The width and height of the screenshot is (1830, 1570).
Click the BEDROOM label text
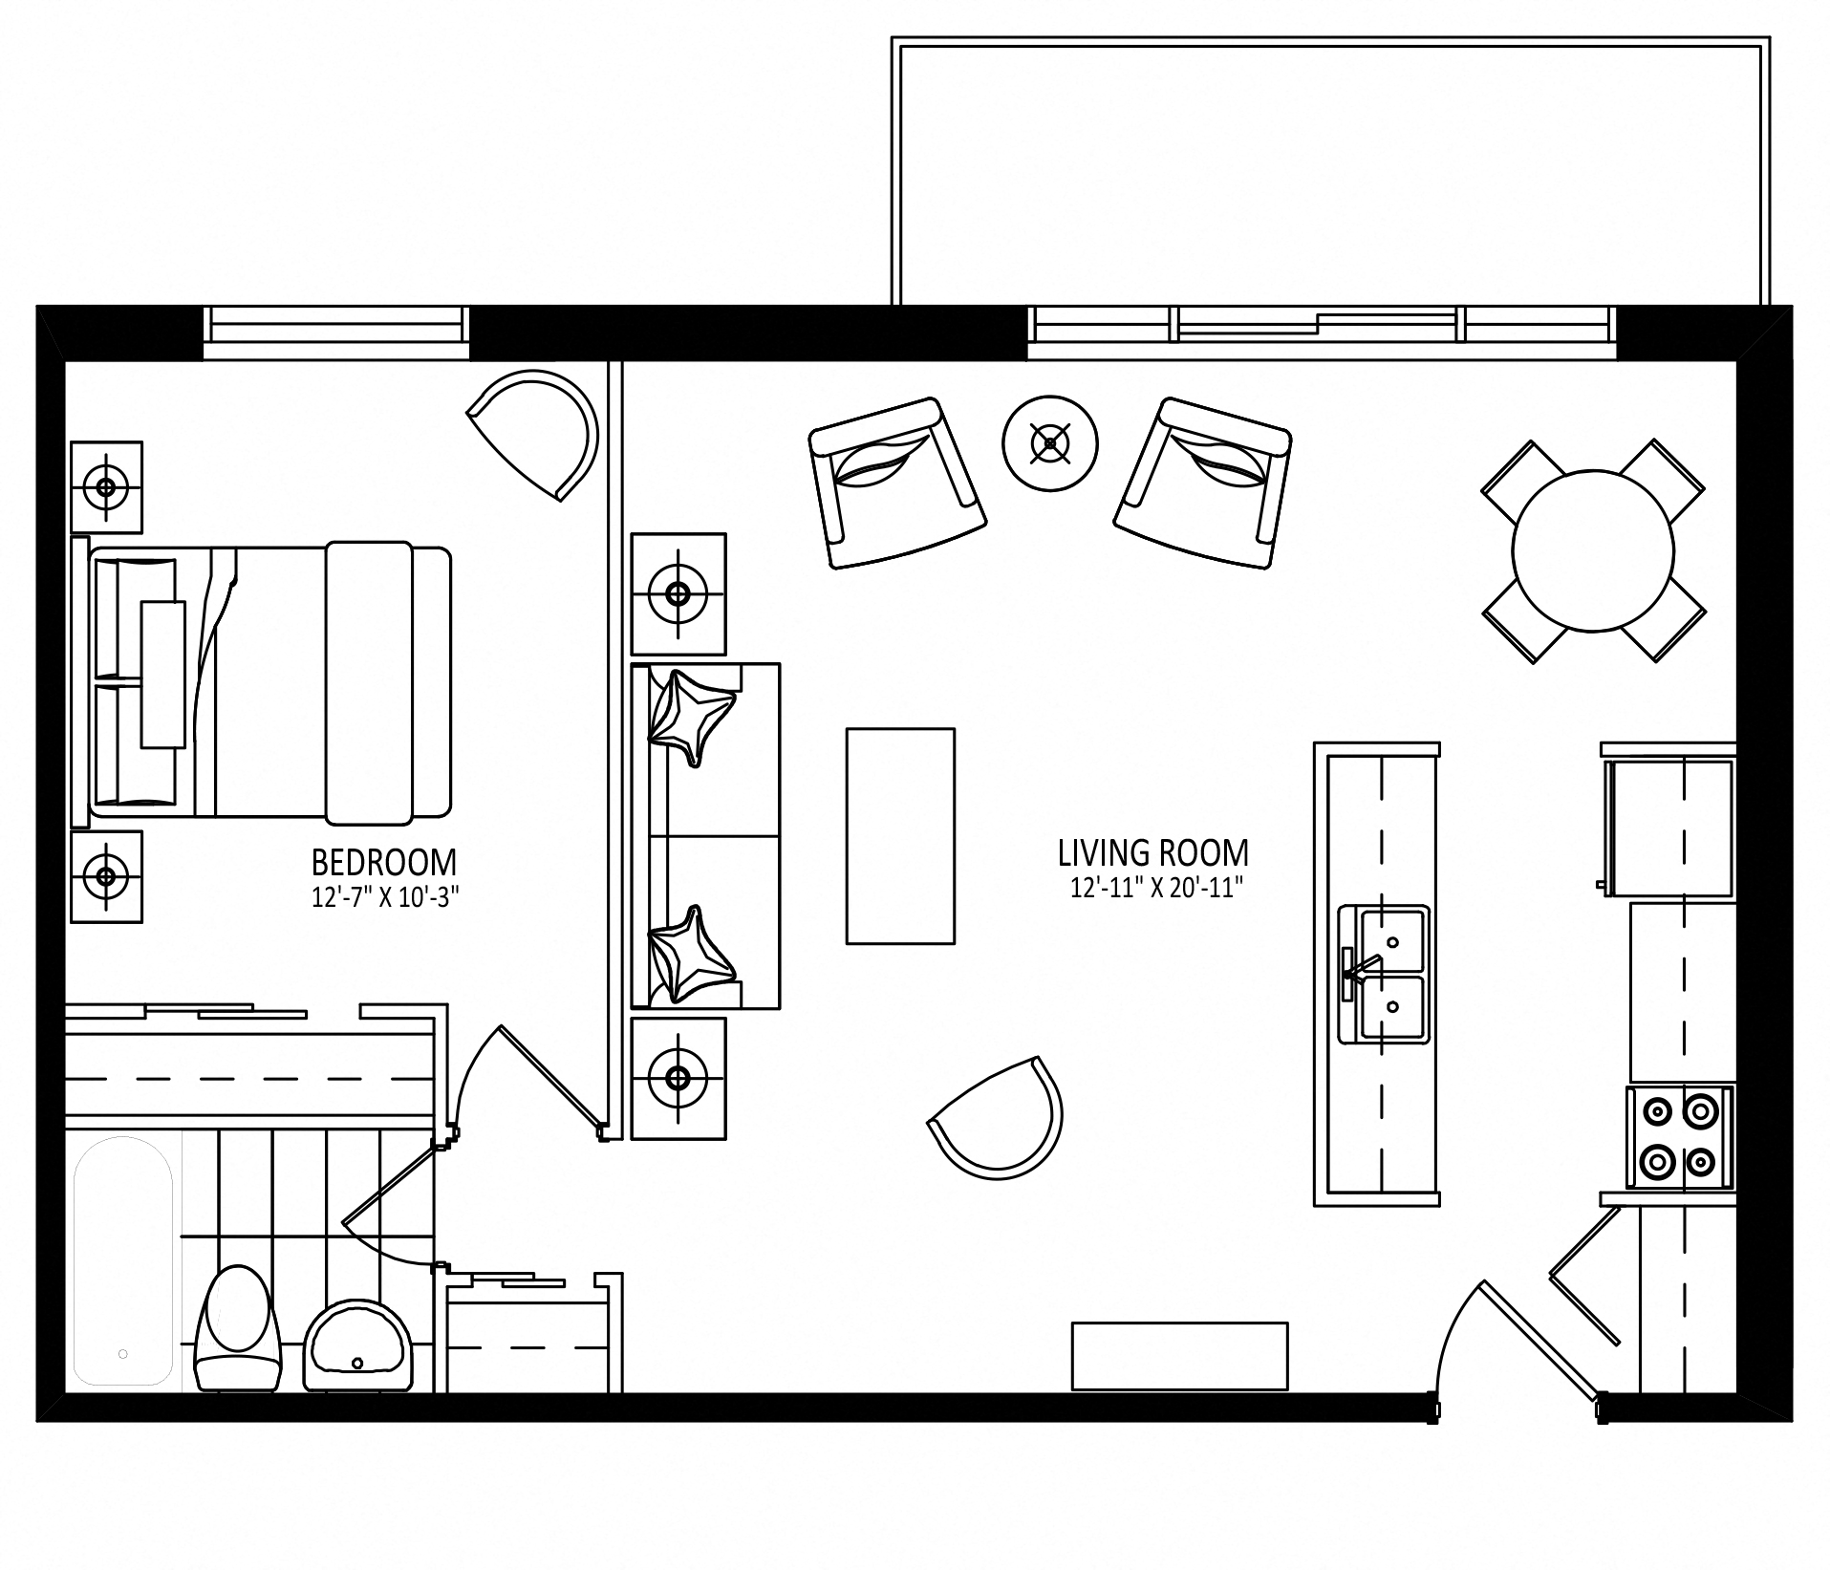pos(384,863)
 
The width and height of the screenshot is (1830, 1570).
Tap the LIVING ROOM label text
pos(1153,852)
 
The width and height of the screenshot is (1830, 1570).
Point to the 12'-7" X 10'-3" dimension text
pos(379,898)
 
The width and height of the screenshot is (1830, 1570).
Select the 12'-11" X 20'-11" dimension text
pos(1155,889)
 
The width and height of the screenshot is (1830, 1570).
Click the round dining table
pos(1593,550)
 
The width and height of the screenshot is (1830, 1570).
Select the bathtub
pos(124,1261)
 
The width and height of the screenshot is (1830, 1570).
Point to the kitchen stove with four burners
pos(1680,1136)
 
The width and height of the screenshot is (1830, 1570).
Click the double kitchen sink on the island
pos(1384,974)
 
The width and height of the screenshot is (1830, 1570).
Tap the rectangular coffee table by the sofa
pos(900,836)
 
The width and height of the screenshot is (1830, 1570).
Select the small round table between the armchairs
pos(1050,443)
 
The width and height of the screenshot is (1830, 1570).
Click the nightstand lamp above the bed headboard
pos(106,487)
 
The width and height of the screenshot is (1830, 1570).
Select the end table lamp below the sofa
pos(678,1078)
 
